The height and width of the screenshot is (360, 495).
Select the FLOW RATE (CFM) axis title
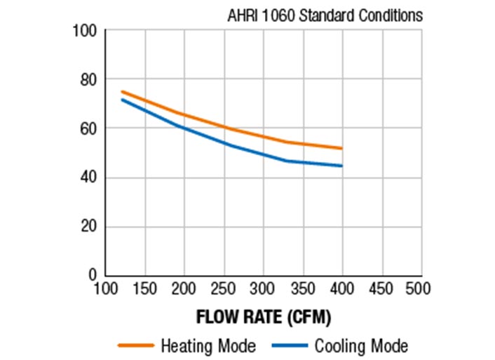pos(264,317)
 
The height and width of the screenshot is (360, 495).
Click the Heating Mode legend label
pos(208,346)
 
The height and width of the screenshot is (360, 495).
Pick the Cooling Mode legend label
pos(360,346)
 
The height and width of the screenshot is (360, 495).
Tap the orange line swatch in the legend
pos(136,346)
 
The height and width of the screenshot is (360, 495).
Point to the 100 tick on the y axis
pos(86,32)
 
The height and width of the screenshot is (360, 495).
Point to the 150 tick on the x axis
pos(144,289)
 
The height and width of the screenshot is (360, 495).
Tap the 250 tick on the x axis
pos(224,289)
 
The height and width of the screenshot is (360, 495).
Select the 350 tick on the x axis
pos(303,289)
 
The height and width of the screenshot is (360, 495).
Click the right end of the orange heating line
pos(341,148)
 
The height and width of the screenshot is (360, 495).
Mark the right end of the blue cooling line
pos(341,166)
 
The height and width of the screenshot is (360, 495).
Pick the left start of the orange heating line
pos(122,91)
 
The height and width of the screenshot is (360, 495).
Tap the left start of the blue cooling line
pos(122,99)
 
